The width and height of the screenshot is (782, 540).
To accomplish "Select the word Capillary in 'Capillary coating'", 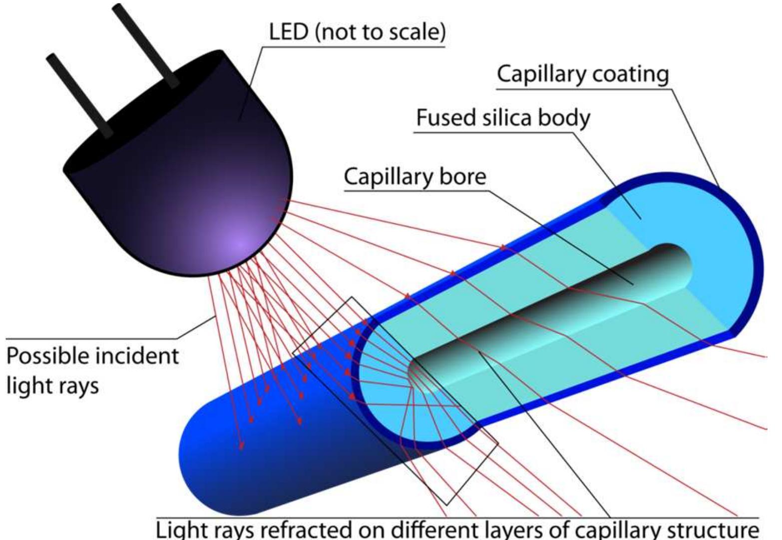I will [539, 74].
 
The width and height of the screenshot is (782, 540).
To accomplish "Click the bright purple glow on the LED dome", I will [239, 244].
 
